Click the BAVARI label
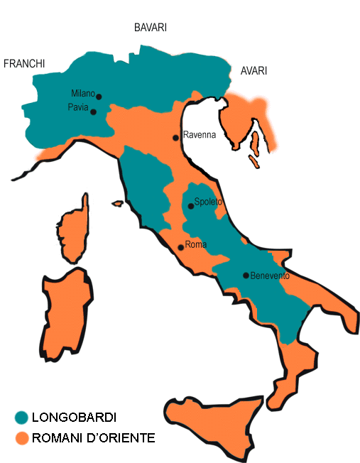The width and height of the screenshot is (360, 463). click(x=150, y=28)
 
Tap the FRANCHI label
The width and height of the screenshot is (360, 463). click(x=24, y=64)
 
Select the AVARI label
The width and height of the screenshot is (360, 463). click(x=253, y=70)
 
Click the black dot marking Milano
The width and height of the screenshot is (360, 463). click(x=99, y=97)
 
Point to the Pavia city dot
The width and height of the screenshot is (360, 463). click(x=94, y=111)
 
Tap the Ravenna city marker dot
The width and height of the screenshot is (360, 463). click(x=176, y=137)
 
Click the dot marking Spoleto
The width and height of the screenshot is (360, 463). click(x=190, y=206)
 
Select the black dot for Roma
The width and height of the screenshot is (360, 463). click(x=180, y=248)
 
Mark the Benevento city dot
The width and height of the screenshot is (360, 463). click(x=246, y=276)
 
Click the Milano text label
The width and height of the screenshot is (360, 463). click(x=82, y=93)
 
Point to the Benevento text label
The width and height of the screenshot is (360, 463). click(x=271, y=276)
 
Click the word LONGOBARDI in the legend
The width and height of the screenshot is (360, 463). click(x=75, y=418)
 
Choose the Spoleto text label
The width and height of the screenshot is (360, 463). click(x=208, y=202)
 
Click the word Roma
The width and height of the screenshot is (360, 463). click(x=195, y=245)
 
